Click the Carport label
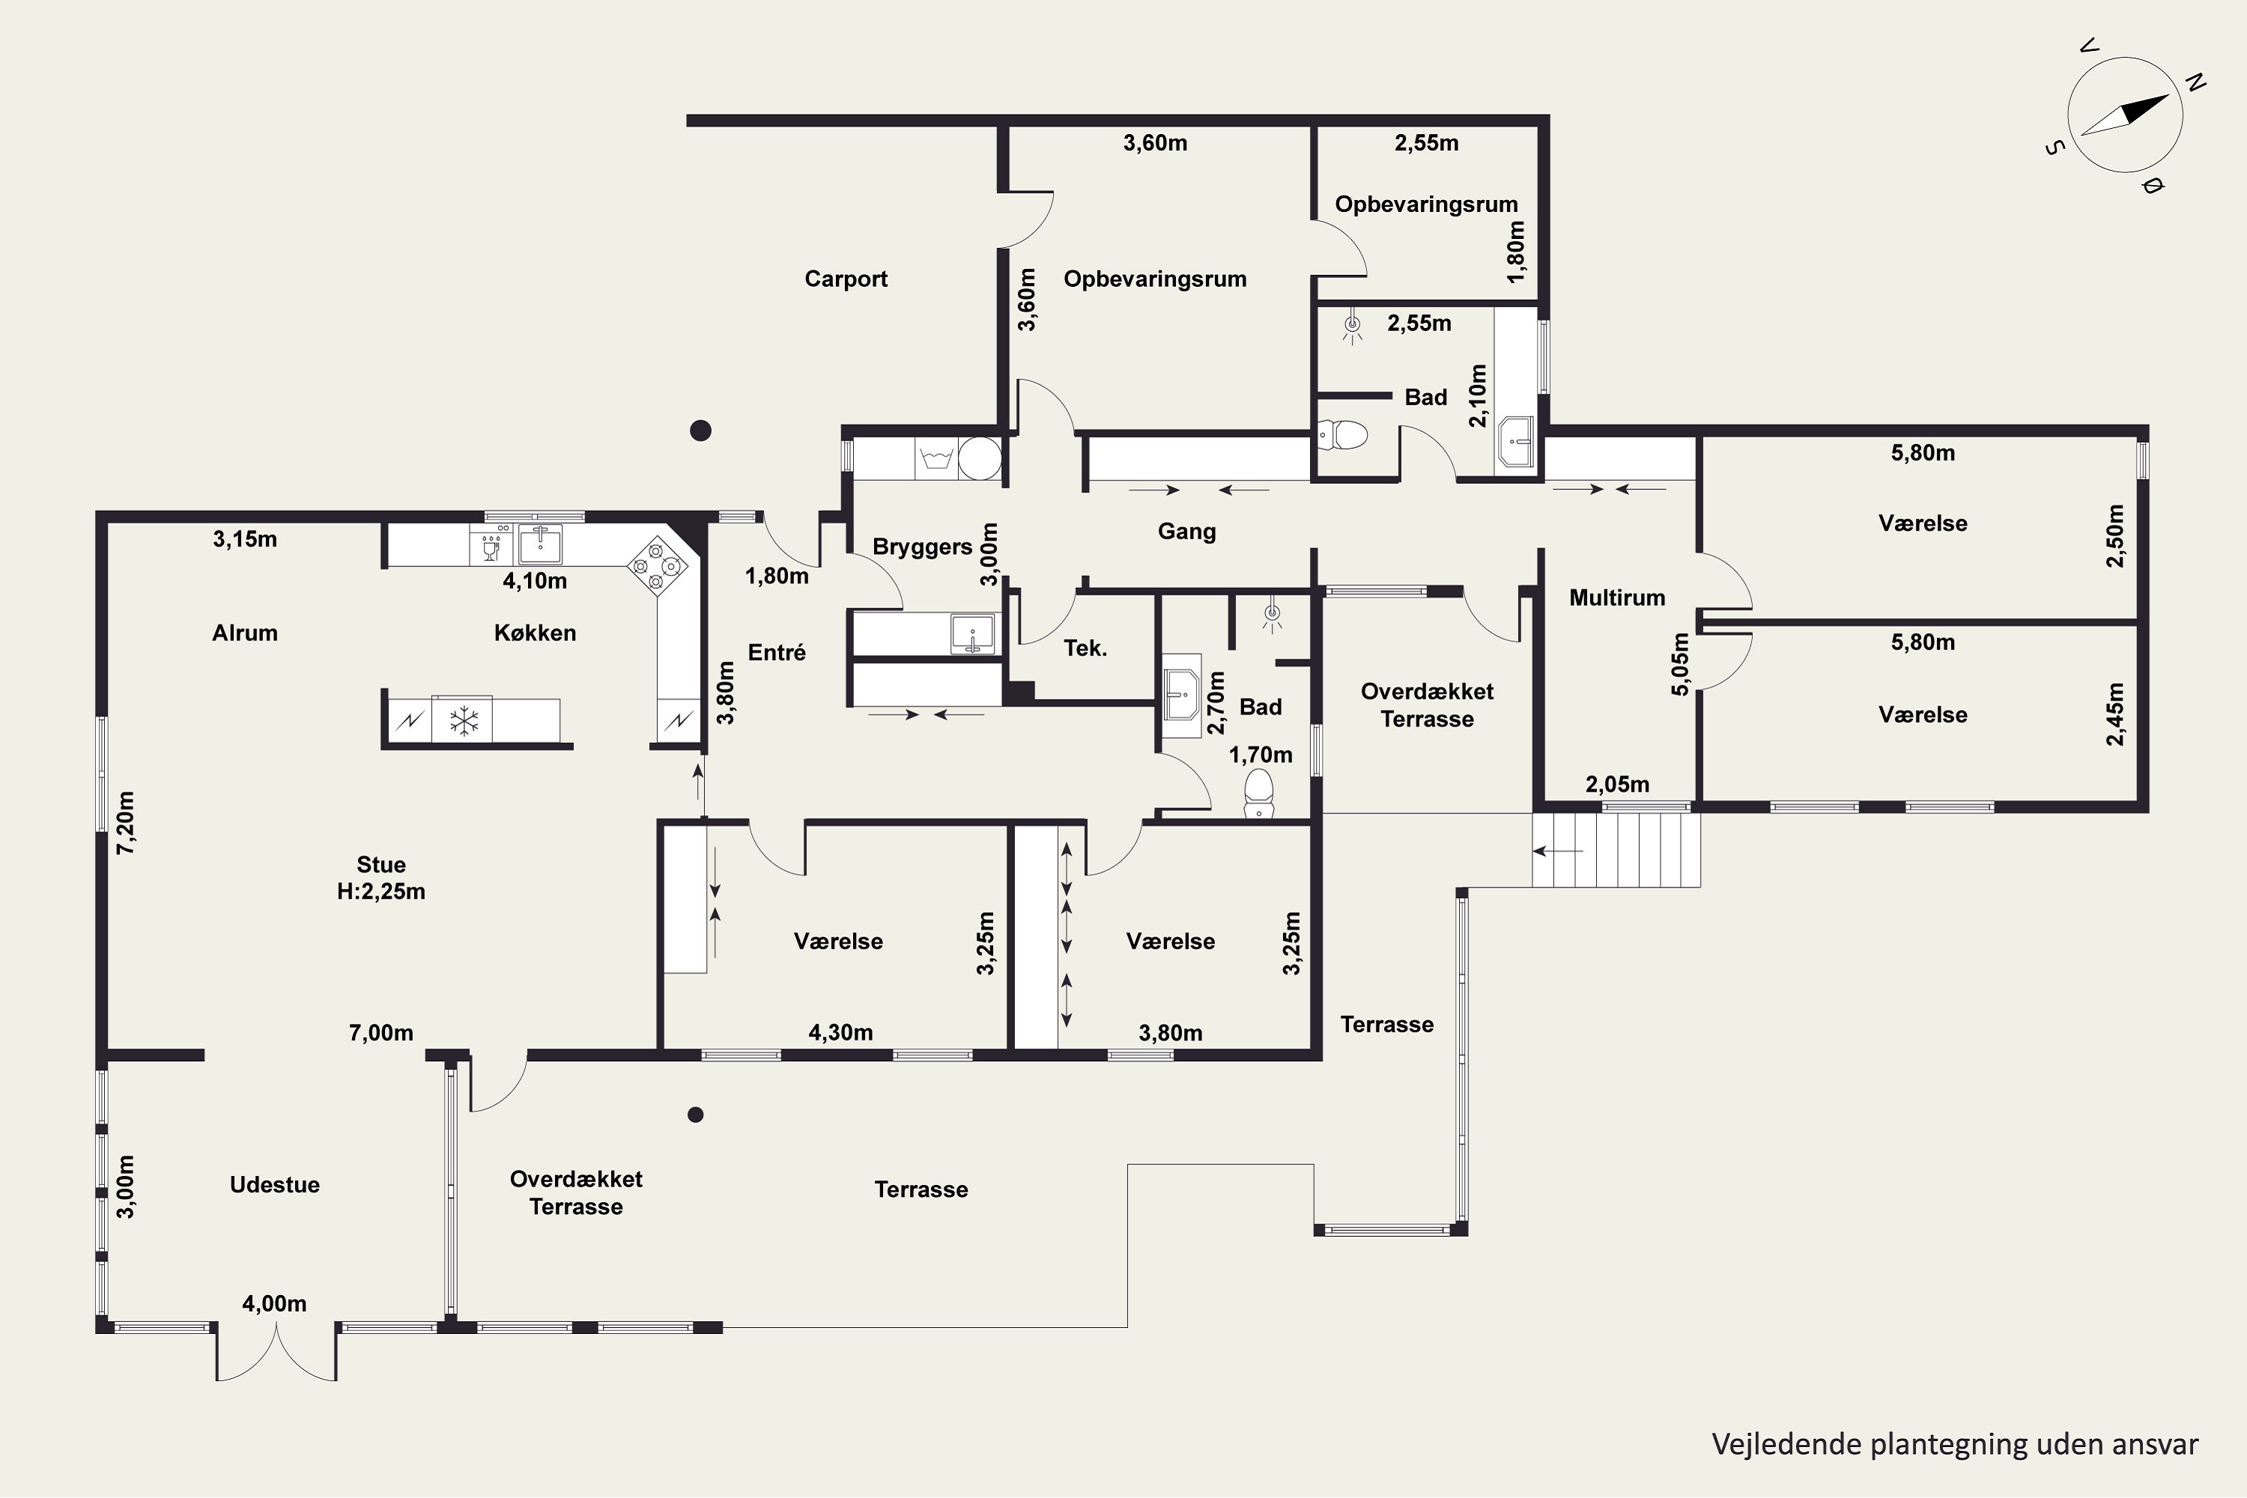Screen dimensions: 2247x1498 [x=846, y=279]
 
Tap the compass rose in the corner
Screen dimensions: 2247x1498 [x=2125, y=115]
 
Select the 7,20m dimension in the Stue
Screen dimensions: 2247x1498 [x=125, y=822]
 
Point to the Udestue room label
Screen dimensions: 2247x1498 [x=275, y=1185]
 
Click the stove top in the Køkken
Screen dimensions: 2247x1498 [x=658, y=565]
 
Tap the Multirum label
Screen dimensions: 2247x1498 [x=1617, y=598]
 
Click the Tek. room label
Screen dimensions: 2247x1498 [x=1085, y=649]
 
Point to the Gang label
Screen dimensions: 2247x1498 [x=1186, y=532]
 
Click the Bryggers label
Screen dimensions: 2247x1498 [x=922, y=548]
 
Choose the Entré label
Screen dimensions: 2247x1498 [x=777, y=652]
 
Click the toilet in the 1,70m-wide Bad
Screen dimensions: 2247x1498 [x=1259, y=793]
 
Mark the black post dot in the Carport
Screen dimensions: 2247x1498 [x=700, y=431]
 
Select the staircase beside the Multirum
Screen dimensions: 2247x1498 [x=1616, y=850]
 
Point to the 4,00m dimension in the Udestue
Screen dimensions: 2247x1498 [x=274, y=1304]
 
